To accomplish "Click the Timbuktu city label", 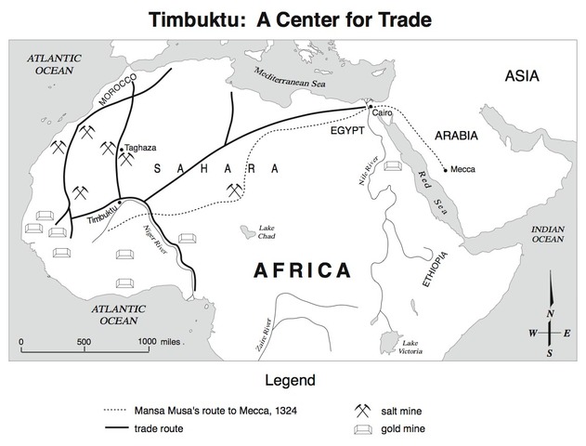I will (x=103, y=217).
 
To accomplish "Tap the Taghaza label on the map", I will (x=141, y=149).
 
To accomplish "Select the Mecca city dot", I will (x=447, y=169).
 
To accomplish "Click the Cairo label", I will (x=383, y=113).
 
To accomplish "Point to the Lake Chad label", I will (x=267, y=231).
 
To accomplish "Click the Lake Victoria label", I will (x=410, y=348).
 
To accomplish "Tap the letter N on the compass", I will (x=550, y=313).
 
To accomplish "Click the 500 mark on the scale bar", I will (x=84, y=341).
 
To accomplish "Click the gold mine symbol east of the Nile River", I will (x=392, y=165).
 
